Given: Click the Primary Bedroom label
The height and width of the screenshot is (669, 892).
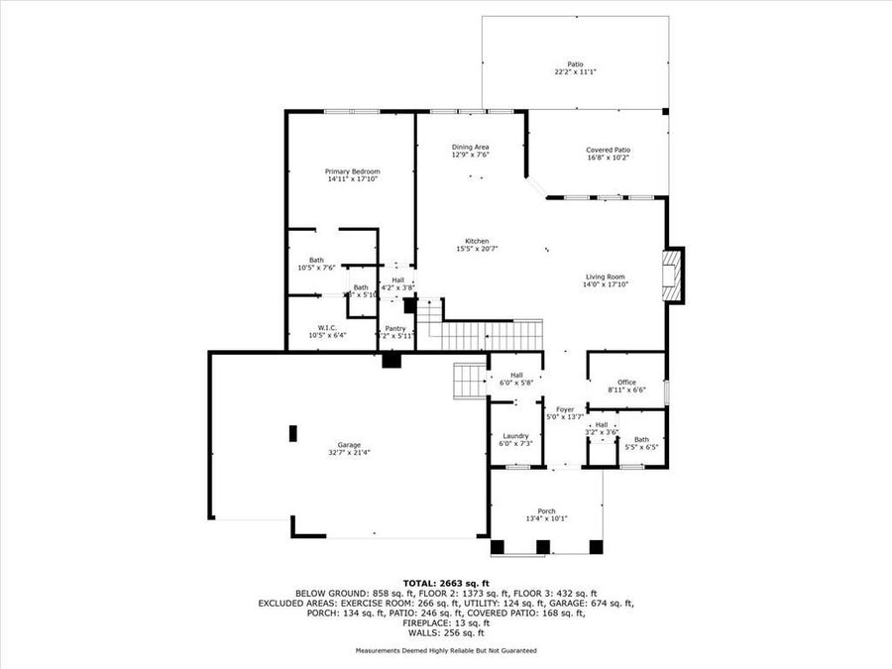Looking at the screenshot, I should point(352,171).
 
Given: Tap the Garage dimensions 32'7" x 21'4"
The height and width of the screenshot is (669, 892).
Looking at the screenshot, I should point(348,453).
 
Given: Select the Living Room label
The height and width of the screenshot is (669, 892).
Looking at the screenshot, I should point(606,277).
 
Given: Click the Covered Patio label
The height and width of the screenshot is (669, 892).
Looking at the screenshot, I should point(608,150).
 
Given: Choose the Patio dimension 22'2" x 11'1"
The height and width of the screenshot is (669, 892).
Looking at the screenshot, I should point(575,71).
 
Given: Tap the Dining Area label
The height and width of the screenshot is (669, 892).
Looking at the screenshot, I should point(471,146).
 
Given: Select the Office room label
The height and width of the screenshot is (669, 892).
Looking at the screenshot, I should point(626,382).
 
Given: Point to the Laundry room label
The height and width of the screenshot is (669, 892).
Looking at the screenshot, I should point(515,435).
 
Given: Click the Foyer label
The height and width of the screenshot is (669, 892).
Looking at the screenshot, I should point(565,408).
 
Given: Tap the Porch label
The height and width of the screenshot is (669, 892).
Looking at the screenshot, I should point(547,510).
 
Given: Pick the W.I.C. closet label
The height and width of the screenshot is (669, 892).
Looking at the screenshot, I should point(327,327).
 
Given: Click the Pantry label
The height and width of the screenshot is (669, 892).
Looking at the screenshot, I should point(395,328).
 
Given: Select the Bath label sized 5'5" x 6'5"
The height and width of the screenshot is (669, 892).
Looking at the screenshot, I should point(641,439).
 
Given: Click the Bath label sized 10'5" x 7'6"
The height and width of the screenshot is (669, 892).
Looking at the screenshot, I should point(315,260).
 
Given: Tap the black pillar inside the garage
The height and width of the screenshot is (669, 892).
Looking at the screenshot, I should point(292,433).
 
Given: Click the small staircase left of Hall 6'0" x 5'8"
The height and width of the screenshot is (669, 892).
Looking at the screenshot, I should point(468,379).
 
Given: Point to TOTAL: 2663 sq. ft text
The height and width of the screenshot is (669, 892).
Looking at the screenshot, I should point(446,583).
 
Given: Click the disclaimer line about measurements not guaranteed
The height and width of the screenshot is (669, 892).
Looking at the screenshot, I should point(446,651).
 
